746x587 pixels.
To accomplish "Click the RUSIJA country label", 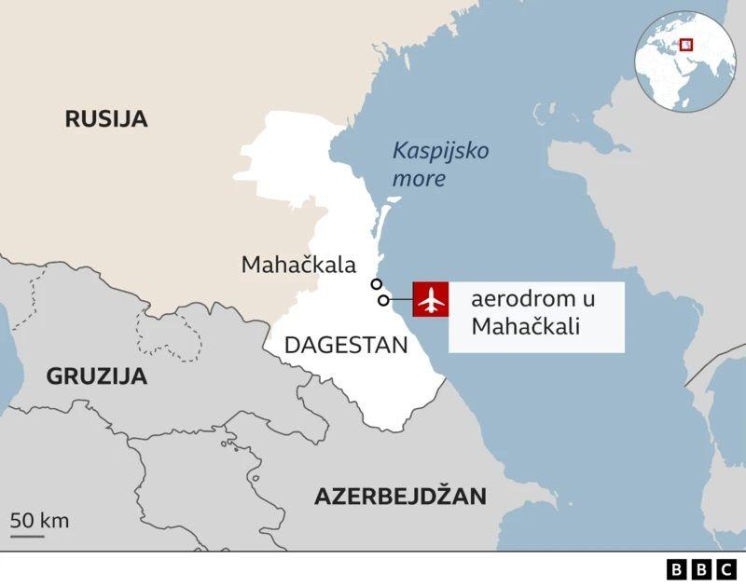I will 106,118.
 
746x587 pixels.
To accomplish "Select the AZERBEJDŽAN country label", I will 400,496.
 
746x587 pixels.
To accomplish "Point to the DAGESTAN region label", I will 346,345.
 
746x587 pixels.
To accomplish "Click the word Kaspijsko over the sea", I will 440,151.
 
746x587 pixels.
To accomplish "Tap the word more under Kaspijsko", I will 419,179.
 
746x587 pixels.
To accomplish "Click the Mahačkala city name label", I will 298,265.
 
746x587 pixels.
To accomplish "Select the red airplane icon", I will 431,300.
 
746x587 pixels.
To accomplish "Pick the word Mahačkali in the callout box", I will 525,327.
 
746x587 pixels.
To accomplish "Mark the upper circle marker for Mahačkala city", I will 376,284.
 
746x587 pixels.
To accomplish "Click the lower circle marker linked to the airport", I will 383,300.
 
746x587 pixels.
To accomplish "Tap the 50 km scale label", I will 40,520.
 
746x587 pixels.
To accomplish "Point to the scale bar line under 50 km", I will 28,535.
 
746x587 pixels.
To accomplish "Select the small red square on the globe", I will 686,44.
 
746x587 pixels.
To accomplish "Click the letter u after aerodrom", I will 587,300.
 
